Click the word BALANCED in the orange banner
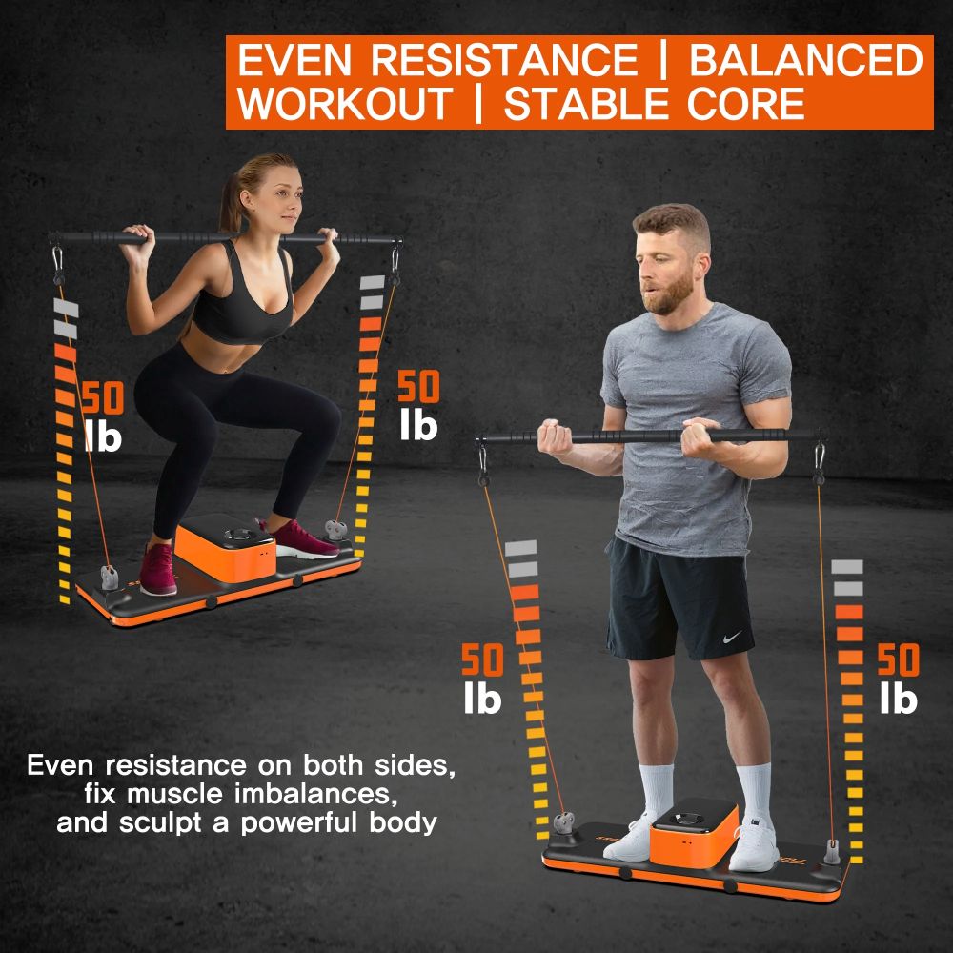click(x=806, y=59)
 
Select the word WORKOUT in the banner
click(x=344, y=103)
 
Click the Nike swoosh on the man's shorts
click(x=732, y=637)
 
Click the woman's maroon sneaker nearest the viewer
click(x=158, y=569)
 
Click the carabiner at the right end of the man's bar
click(x=820, y=463)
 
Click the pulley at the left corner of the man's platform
click(x=563, y=824)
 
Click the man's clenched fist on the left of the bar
click(x=555, y=438)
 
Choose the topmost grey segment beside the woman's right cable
click(x=373, y=282)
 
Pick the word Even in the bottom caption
click(x=61, y=766)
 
